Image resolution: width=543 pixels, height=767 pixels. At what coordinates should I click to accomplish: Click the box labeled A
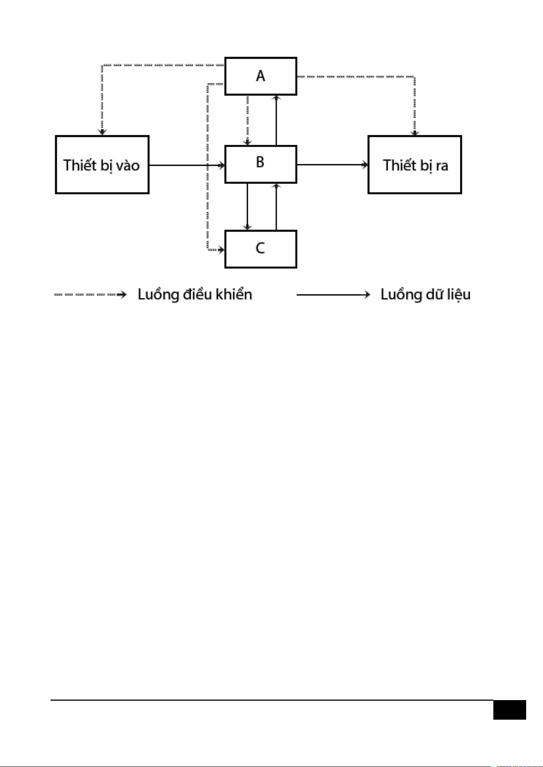[261, 76]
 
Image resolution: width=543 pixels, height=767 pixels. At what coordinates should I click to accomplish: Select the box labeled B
[261, 164]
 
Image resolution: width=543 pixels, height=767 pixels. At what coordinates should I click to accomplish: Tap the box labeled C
[261, 249]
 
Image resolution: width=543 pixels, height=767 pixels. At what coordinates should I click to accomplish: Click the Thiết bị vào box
[102, 164]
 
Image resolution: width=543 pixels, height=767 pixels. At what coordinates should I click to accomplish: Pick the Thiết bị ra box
[415, 164]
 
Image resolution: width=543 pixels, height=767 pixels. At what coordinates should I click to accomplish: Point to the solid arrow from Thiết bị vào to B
[187, 165]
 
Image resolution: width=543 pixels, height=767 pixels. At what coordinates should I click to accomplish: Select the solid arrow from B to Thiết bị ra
[332, 164]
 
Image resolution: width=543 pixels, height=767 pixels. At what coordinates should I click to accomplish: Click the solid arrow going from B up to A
[276, 120]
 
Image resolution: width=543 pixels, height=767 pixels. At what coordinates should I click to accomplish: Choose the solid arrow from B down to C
[247, 207]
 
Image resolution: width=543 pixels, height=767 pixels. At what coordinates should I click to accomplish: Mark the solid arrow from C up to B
[276, 207]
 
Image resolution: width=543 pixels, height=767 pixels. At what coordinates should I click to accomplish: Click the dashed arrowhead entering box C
[221, 249]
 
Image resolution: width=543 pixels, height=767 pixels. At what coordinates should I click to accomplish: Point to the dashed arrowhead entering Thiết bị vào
[102, 132]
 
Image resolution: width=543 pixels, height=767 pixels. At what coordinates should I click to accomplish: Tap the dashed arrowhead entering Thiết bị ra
[415, 132]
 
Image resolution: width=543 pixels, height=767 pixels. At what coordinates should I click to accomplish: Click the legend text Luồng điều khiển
[195, 295]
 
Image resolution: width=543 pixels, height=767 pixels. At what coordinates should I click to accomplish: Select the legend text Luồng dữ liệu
[425, 295]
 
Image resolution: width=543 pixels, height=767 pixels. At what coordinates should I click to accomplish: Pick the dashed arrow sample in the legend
[90, 295]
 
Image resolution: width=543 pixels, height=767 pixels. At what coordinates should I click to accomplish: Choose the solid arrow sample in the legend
[333, 295]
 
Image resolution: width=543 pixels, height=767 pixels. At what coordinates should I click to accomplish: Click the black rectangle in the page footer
[509, 710]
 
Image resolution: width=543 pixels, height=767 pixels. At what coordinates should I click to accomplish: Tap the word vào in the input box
[128, 165]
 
